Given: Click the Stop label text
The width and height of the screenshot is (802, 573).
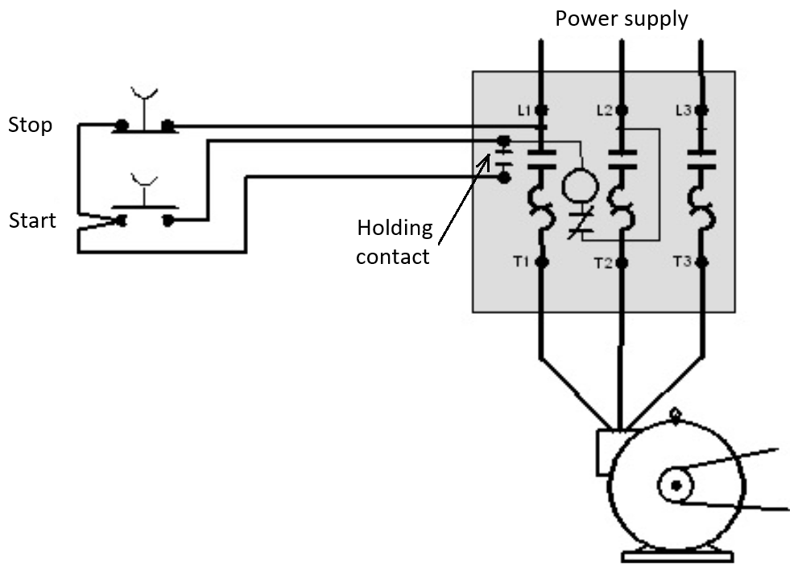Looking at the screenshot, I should tap(30, 126).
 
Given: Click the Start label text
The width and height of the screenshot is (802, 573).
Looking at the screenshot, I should tap(32, 221).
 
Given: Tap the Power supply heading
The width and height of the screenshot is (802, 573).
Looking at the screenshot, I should tap(622, 19).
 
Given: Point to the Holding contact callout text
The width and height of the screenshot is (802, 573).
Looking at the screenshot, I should tap(395, 242).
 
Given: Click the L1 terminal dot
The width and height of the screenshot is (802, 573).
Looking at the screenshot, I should tap(541, 109).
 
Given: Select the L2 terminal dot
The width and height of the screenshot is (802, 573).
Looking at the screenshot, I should tap(621, 109).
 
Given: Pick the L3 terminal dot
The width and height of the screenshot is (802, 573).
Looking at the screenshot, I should tap(701, 109).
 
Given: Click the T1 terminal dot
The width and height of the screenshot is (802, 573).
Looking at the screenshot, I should tap(541, 262).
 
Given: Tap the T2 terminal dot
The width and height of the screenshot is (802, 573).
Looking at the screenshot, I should tap(621, 262).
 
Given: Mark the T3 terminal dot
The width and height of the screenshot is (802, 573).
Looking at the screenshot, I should tap(701, 262).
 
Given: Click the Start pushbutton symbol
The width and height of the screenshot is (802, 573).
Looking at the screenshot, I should tap(144, 212).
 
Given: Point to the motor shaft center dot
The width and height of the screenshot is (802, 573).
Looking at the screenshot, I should tap(676, 484).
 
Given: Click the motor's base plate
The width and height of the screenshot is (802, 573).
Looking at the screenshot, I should tap(676, 556).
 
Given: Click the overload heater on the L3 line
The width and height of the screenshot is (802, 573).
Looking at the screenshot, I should tap(701, 204).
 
